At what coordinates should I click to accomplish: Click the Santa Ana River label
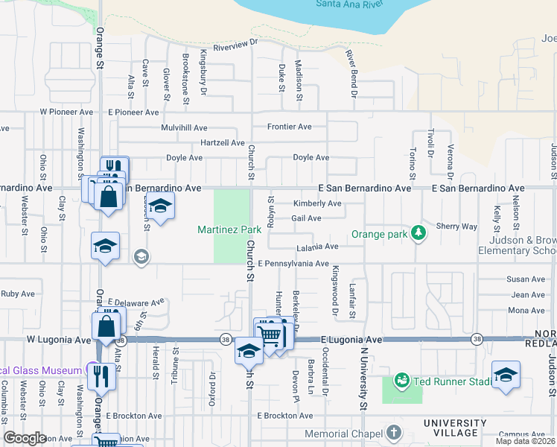(350, 4)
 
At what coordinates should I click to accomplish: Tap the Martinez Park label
(229, 230)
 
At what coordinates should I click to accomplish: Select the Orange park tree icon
(419, 233)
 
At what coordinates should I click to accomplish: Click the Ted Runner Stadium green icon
(403, 381)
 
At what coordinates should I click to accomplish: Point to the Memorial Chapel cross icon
(394, 433)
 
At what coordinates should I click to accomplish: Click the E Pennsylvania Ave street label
(293, 264)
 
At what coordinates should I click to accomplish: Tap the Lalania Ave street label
(317, 247)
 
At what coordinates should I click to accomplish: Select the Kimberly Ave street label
(317, 203)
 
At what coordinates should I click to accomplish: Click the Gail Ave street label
(306, 218)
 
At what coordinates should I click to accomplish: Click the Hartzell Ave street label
(222, 142)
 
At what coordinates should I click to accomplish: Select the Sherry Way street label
(456, 226)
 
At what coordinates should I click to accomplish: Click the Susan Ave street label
(526, 279)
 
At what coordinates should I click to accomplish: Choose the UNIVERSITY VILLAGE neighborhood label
(461, 428)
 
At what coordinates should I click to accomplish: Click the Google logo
(25, 438)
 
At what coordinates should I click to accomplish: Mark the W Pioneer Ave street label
(66, 112)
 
